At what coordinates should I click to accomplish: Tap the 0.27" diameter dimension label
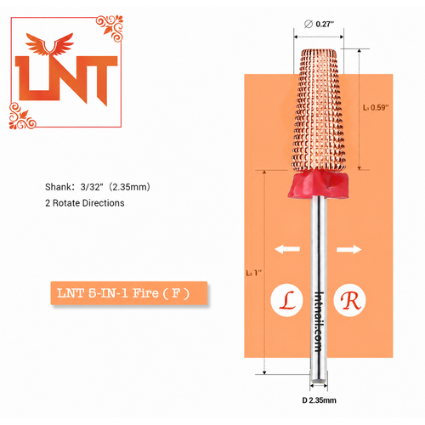tap(325, 24)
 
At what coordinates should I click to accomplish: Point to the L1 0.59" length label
tap(376, 108)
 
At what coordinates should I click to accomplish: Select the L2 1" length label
tap(253, 273)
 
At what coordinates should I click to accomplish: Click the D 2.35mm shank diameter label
tap(319, 400)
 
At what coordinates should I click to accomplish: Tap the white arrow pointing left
tap(287, 249)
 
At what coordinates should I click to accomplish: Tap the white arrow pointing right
tap(349, 249)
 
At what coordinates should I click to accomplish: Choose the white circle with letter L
tap(286, 300)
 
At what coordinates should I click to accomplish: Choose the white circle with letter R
tap(349, 300)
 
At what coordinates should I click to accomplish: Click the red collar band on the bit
tap(318, 184)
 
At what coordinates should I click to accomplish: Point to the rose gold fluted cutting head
tap(319, 110)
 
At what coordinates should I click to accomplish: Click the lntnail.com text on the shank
tap(319, 321)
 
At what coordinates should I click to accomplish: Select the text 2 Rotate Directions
tap(85, 203)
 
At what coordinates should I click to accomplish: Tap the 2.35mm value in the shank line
tap(129, 187)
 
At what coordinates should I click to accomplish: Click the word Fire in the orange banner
tap(145, 293)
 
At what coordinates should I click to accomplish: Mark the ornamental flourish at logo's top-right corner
tap(110, 27)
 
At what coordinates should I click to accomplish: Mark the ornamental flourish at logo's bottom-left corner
tap(22, 116)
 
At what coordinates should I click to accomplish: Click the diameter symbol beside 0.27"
tap(309, 24)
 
